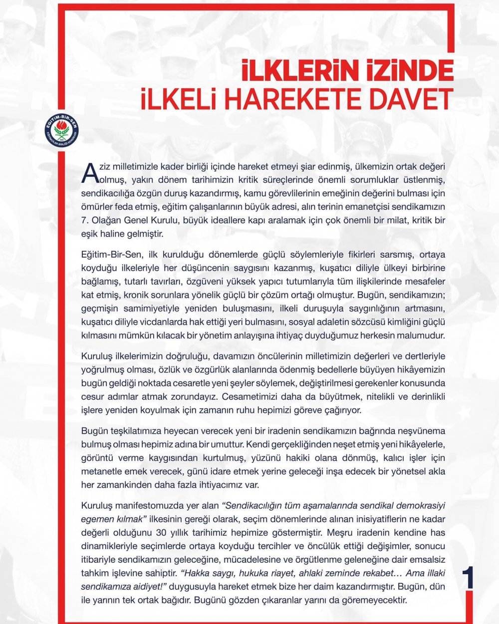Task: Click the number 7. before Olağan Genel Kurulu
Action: [85, 220]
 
